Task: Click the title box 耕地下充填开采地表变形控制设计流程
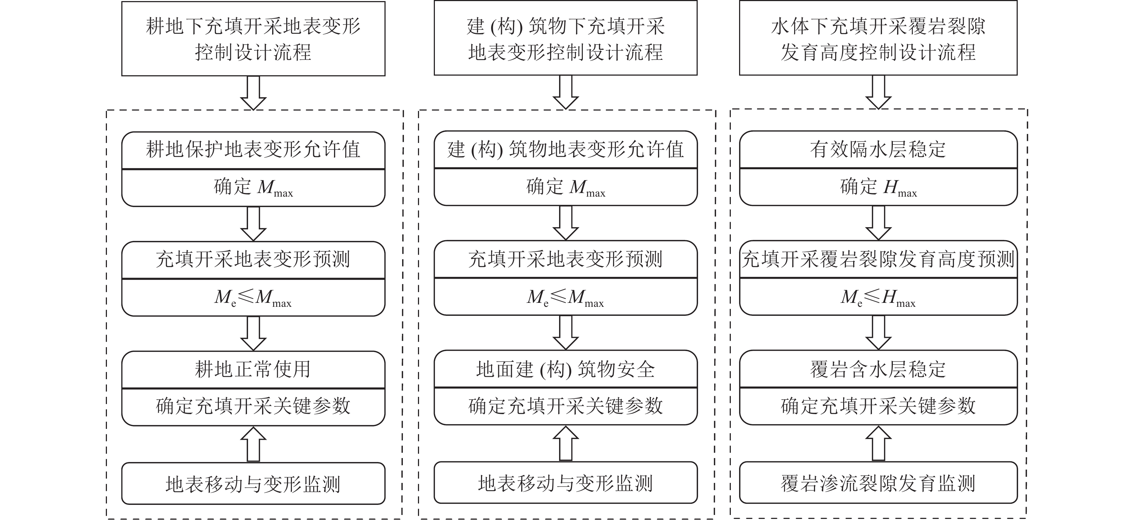[253, 39]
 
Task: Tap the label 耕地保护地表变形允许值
[253, 150]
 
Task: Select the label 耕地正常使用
[253, 369]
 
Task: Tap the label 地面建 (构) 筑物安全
[565, 369]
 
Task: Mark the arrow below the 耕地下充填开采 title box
[253, 93]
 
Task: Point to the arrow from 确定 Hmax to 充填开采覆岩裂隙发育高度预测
[878, 223]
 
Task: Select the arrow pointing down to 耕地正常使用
[253, 333]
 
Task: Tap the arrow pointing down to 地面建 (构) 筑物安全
[565, 332]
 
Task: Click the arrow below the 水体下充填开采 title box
[878, 92]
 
